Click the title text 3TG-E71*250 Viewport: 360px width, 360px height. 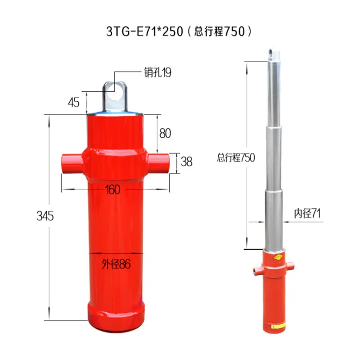[144, 31]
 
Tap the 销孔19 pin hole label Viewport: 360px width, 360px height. [158, 72]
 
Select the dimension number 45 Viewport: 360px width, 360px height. [74, 102]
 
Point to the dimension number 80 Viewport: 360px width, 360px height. [165, 133]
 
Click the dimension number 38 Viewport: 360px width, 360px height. [186, 162]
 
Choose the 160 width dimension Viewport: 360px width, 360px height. [112, 189]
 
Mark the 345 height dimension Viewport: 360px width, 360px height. [45, 216]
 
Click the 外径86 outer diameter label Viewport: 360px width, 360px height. [116, 264]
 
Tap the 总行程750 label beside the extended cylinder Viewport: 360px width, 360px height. [236, 157]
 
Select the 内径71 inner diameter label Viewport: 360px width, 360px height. [307, 213]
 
